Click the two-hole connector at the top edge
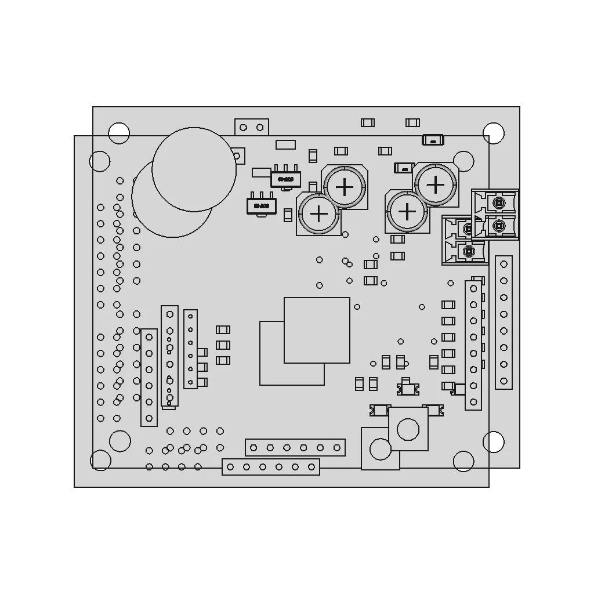click(252, 127)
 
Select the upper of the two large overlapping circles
click(194, 169)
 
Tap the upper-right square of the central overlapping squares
click(317, 330)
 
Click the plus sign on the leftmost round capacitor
click(319, 214)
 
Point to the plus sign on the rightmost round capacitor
click(435, 185)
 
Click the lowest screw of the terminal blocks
click(468, 252)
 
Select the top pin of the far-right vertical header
click(504, 264)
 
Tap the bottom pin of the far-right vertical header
click(504, 382)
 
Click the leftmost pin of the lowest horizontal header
click(230, 467)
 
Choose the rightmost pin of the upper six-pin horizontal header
click(336, 448)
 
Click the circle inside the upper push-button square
click(408, 429)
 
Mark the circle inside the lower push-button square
click(381, 449)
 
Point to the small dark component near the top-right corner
click(433, 140)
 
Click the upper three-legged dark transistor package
click(285, 179)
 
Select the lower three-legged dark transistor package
click(261, 205)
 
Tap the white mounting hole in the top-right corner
click(494, 133)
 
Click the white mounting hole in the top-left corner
click(119, 133)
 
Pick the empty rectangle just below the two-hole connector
click(285, 144)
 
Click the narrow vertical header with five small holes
click(190, 349)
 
